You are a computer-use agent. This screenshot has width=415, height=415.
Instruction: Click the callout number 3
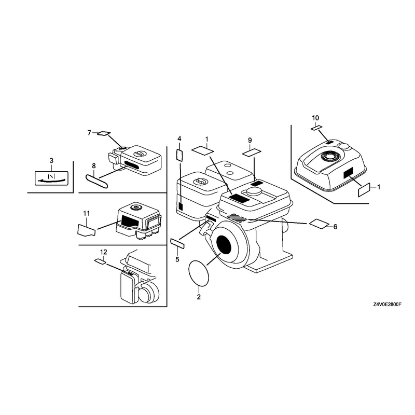pyautogui.click(x=51, y=160)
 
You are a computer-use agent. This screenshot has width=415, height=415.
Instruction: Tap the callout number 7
pyautogui.click(x=89, y=133)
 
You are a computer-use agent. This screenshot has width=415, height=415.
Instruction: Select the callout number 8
pyautogui.click(x=94, y=166)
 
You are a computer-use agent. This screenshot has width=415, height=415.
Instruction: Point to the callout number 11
pyautogui.click(x=86, y=213)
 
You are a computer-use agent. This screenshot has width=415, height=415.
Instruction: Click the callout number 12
pyautogui.click(x=103, y=252)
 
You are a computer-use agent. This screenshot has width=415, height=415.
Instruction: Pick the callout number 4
pyautogui.click(x=179, y=139)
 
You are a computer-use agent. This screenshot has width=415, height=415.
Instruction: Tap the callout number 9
pyautogui.click(x=250, y=140)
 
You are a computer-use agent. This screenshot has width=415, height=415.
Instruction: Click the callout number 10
pyautogui.click(x=315, y=118)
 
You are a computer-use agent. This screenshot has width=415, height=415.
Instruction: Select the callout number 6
pyautogui.click(x=335, y=227)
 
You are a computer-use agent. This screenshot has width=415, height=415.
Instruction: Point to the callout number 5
pyautogui.click(x=177, y=259)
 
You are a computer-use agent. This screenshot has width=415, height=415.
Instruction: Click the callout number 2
pyautogui.click(x=199, y=297)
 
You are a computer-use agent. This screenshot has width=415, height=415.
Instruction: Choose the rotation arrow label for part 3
pyautogui.click(x=51, y=178)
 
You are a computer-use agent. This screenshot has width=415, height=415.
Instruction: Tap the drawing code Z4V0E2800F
pyautogui.click(x=387, y=305)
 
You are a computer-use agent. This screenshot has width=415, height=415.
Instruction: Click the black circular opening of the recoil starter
pyautogui.click(x=224, y=246)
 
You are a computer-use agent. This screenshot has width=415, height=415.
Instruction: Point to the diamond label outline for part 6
pyautogui.click(x=319, y=224)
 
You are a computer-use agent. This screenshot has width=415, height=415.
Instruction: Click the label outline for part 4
pyautogui.click(x=179, y=155)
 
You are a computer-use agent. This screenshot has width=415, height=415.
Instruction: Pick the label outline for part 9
pyautogui.click(x=252, y=152)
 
